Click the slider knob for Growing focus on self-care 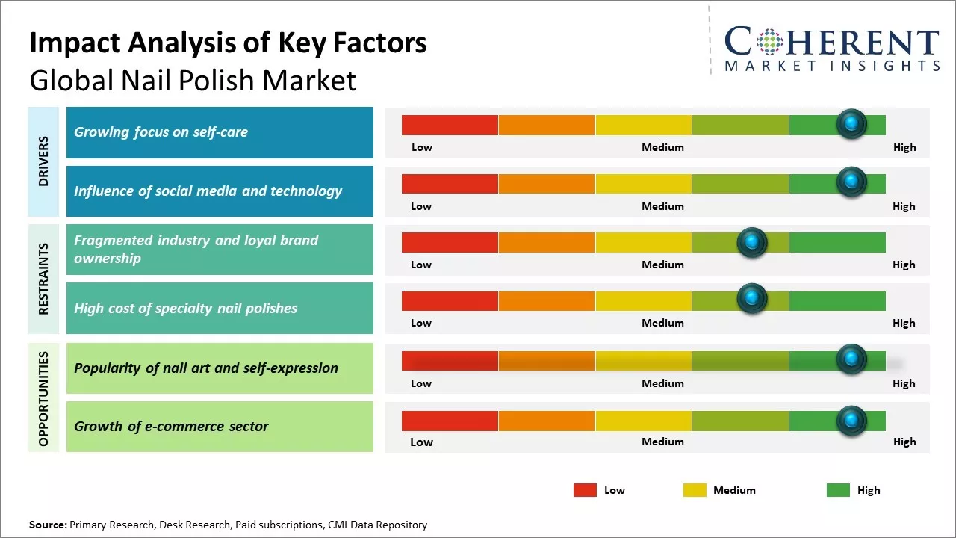pos(851,124)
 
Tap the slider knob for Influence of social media pos(851,182)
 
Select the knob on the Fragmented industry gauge pos(752,242)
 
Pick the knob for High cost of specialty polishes pos(752,299)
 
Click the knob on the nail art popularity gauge pos(851,359)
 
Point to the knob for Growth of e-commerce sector pos(851,421)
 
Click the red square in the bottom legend pos(585,490)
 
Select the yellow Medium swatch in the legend pos(695,490)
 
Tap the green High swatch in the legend pos(838,490)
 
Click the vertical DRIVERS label pos(43,161)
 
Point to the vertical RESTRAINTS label pos(43,279)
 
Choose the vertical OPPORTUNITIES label pos(43,398)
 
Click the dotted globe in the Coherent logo pos(770,41)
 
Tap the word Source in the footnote pos(47,525)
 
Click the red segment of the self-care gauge pos(450,125)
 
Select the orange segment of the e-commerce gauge pos(547,421)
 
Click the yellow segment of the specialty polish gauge pos(643,300)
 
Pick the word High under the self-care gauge pos(904,147)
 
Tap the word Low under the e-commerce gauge pos(421,442)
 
